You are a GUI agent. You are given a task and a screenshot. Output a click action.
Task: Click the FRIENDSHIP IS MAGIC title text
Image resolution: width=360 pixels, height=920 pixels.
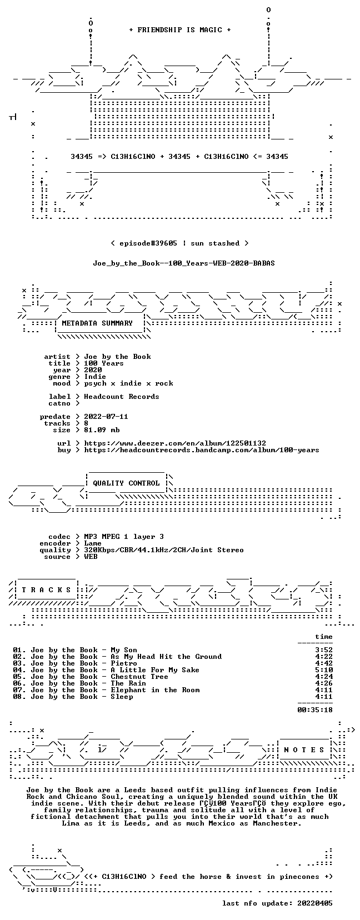point(180,30)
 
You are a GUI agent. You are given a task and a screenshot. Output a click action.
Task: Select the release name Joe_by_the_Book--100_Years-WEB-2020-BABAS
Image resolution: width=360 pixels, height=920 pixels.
point(184,263)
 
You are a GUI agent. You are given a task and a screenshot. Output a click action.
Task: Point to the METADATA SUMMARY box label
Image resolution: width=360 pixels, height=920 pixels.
point(97,323)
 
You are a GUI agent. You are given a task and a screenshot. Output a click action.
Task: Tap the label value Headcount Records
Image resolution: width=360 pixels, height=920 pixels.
point(122,397)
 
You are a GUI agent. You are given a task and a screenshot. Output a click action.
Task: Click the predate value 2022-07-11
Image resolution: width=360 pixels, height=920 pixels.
point(106,417)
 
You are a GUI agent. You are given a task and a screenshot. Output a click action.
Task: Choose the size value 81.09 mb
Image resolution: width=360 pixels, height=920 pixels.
point(102,430)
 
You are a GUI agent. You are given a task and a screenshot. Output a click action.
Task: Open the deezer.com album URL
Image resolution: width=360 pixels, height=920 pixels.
point(175,443)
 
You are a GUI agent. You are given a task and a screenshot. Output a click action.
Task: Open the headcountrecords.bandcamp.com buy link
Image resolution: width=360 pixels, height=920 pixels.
point(202,450)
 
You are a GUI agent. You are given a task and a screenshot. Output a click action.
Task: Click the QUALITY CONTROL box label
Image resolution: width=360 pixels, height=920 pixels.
point(126,483)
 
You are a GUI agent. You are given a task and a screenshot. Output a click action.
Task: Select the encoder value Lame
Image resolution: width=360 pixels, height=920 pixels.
point(93,543)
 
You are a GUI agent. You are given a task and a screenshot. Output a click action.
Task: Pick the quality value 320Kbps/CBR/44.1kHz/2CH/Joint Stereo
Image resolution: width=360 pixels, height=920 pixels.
point(164,551)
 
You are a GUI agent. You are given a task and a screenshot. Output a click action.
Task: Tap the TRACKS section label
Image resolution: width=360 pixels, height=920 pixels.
point(46,590)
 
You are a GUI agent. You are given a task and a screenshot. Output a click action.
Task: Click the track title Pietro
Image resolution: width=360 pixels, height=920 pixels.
point(123,663)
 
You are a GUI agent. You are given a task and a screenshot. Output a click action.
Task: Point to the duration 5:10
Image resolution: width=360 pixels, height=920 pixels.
point(324,671)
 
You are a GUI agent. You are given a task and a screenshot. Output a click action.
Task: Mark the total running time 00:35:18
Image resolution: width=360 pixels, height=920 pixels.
point(315,710)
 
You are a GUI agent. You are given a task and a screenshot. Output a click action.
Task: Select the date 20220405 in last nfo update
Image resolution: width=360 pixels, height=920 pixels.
point(315,903)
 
